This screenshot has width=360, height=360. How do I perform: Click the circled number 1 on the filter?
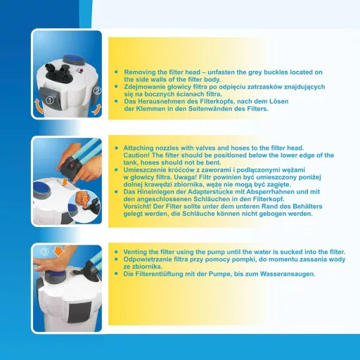[x=50, y=101]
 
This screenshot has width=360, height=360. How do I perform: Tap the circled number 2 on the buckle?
[x=98, y=91]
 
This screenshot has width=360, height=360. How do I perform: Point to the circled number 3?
[x=44, y=252]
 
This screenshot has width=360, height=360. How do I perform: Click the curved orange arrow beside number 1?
[x=39, y=106]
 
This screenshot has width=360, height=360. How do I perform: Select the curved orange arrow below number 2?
[x=96, y=109]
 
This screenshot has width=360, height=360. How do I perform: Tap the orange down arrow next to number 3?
[x=58, y=251]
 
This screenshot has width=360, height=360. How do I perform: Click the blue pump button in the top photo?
[x=74, y=58]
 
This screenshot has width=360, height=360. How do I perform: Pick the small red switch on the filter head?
[x=82, y=70]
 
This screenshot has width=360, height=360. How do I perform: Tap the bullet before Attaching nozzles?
[x=116, y=148]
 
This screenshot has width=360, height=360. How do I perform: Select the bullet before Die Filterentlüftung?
[x=116, y=274]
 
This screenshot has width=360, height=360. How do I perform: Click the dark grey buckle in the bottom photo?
[x=79, y=312]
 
